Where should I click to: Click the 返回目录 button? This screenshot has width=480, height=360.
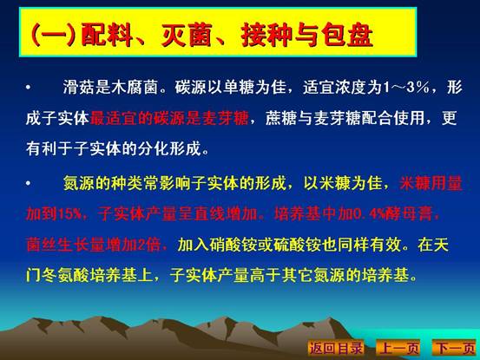[x=336, y=348]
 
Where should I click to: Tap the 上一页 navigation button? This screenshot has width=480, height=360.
[x=398, y=348]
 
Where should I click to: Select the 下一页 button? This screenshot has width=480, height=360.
[x=455, y=348]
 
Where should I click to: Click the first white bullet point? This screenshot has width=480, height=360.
[x=29, y=88]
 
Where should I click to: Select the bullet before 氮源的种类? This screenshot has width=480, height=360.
[x=29, y=183]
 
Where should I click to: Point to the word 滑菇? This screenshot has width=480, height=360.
[x=79, y=87]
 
